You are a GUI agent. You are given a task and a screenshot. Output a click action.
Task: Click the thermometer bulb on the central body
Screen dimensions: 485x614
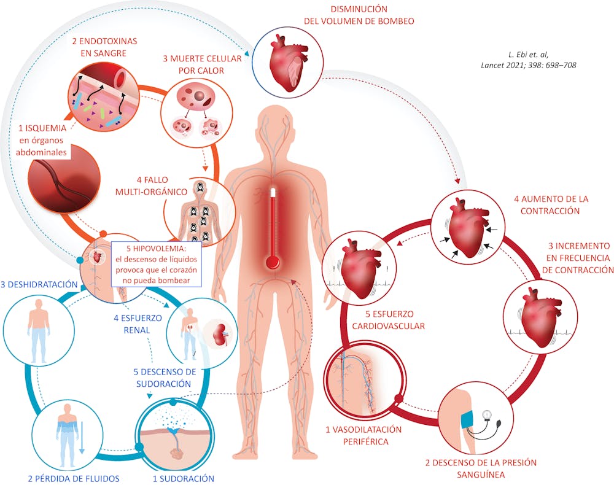[272, 262]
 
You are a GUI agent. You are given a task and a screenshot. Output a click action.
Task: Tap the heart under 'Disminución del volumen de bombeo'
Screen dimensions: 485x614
[287, 63]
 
